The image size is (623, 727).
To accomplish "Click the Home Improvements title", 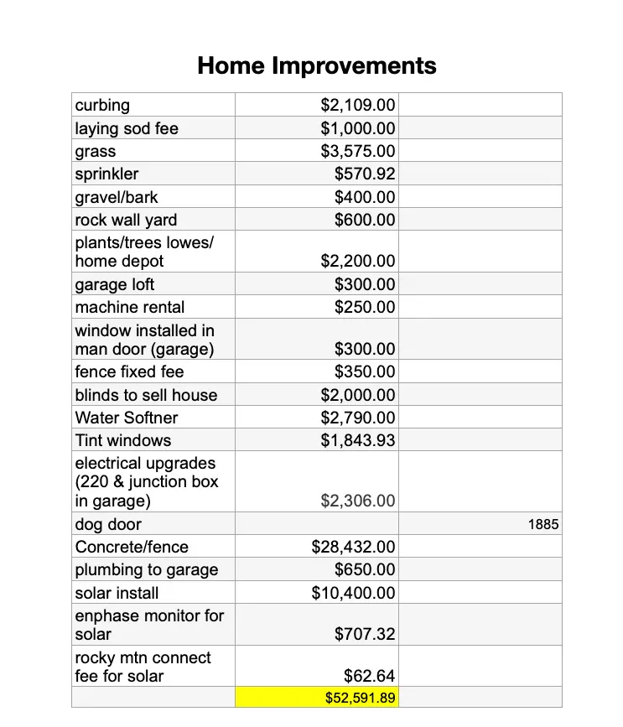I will click(317, 65).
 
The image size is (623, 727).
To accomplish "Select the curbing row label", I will click(102, 106).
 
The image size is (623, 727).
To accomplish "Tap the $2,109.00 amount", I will click(358, 106).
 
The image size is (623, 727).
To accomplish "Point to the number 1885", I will click(543, 525).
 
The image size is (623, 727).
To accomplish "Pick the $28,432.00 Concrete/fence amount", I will click(353, 548).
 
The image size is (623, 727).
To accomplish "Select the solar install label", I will click(117, 593).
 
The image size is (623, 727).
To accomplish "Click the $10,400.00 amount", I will click(353, 593).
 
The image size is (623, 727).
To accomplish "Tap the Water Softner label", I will click(127, 418).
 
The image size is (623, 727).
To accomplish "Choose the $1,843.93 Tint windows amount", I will click(358, 440).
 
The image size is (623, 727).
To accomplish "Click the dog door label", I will click(108, 525).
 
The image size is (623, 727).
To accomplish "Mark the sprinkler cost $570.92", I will click(365, 174).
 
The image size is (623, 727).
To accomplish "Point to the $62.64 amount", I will click(370, 676).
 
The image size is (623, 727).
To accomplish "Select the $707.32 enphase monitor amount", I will click(365, 635).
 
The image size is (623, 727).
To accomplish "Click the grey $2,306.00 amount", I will click(358, 501).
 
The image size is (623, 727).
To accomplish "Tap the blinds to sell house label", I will click(146, 395).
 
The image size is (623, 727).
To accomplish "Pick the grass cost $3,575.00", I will click(358, 152).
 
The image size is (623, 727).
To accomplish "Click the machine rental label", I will click(130, 307).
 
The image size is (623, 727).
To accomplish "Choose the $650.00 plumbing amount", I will click(365, 570).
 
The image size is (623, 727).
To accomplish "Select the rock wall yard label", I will click(126, 221).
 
